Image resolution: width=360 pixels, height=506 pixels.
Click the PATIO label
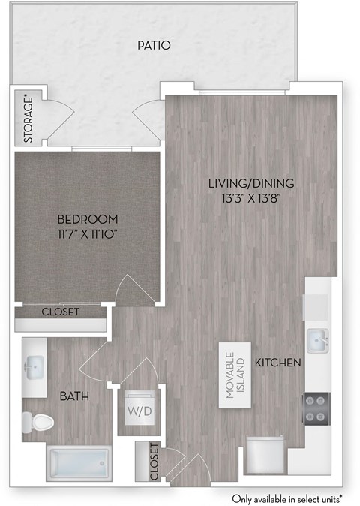pos(154,46)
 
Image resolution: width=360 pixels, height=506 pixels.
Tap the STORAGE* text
pos(28,118)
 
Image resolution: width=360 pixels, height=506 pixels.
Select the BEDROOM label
pos(88,219)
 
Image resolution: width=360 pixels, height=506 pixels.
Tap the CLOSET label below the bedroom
pos(61,312)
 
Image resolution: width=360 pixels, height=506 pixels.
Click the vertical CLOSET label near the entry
pos(154,461)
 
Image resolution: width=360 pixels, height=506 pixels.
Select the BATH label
pos(76,396)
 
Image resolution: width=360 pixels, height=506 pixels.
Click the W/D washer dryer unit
pos(140,410)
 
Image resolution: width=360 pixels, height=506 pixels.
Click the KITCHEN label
pos(278,363)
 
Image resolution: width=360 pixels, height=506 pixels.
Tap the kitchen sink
pos(319,340)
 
